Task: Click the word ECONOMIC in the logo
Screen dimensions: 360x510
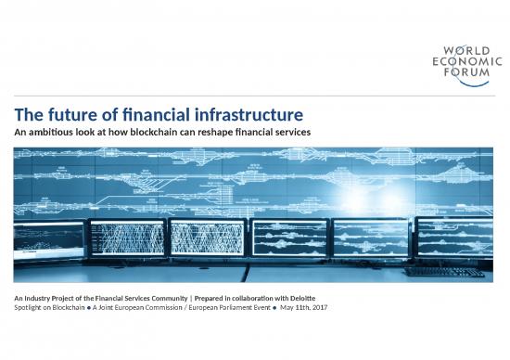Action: point(461,61)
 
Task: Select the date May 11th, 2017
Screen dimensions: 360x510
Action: point(299,307)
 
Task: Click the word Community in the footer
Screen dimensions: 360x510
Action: point(151,297)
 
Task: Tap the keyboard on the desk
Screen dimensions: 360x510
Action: point(444,272)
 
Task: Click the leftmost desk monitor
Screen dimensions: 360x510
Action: point(48,240)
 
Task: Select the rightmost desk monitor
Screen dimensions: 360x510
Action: point(453,238)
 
